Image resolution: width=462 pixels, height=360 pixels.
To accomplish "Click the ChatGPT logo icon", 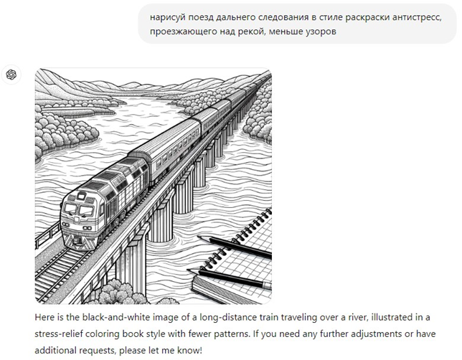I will [11, 75].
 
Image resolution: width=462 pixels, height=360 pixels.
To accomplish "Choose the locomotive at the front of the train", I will [100, 201].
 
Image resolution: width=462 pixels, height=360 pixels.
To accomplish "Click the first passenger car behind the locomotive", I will [169, 147].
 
